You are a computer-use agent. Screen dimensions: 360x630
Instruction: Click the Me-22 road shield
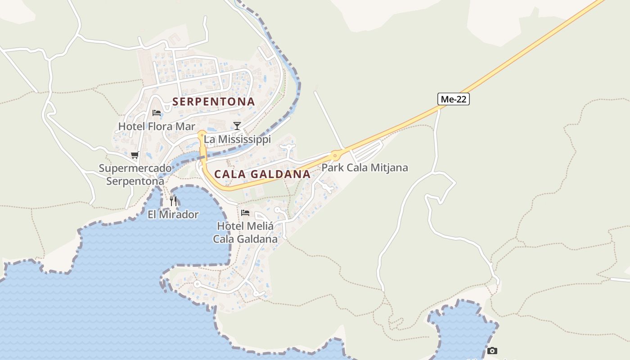click(453, 99)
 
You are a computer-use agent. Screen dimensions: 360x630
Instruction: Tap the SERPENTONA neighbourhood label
click(214, 102)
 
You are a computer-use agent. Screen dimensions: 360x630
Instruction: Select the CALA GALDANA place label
click(262, 174)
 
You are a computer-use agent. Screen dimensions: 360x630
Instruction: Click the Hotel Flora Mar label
click(157, 126)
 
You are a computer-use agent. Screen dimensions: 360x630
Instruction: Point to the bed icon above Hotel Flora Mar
click(157, 112)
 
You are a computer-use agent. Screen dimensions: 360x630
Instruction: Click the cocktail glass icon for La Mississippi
click(237, 126)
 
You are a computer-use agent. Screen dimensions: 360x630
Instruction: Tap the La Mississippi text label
click(237, 139)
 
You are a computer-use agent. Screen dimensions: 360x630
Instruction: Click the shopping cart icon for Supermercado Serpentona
click(135, 155)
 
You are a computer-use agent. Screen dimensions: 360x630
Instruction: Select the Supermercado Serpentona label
click(135, 175)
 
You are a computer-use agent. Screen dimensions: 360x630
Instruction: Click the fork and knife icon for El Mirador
click(173, 201)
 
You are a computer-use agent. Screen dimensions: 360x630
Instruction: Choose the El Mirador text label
click(173, 215)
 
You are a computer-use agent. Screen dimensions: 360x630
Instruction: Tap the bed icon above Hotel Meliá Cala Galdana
click(245, 212)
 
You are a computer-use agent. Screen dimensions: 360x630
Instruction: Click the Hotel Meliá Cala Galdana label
click(245, 232)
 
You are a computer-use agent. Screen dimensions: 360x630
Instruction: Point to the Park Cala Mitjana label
click(364, 168)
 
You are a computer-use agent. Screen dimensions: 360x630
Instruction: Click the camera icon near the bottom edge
click(492, 351)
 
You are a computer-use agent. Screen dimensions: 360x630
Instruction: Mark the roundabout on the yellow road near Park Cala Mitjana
click(335, 156)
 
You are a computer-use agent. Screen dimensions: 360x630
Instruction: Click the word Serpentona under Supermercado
click(135, 181)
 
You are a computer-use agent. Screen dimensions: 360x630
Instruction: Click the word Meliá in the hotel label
click(261, 226)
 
